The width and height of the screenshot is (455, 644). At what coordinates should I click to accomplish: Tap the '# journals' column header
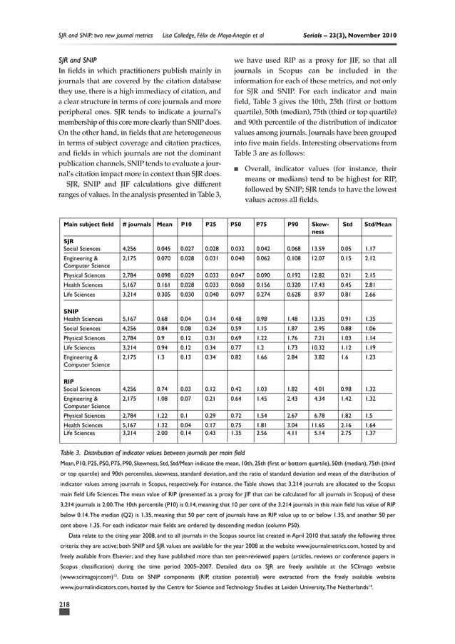[x=136, y=225]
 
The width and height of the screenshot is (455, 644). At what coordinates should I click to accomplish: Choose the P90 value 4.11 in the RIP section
[x=293, y=432]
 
